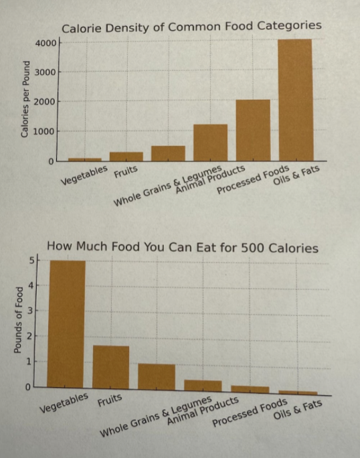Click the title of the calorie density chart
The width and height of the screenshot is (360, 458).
(191, 26)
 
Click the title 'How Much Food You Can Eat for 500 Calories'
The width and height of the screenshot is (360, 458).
(182, 248)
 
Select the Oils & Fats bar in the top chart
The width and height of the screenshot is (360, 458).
(295, 100)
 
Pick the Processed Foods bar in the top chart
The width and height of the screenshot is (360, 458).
(253, 130)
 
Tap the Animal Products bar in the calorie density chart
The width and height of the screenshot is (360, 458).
(210, 143)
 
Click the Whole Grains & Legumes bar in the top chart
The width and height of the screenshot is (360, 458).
(168, 153)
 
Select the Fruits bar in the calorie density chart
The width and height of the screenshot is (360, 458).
(126, 157)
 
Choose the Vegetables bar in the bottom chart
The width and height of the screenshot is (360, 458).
(67, 324)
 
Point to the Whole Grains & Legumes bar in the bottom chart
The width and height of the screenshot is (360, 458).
(157, 376)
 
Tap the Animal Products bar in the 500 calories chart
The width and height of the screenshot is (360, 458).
(203, 385)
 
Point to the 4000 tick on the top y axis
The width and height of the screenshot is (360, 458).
(46, 43)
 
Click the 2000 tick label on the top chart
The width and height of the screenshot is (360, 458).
(46, 102)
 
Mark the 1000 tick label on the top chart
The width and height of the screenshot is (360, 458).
(46, 131)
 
